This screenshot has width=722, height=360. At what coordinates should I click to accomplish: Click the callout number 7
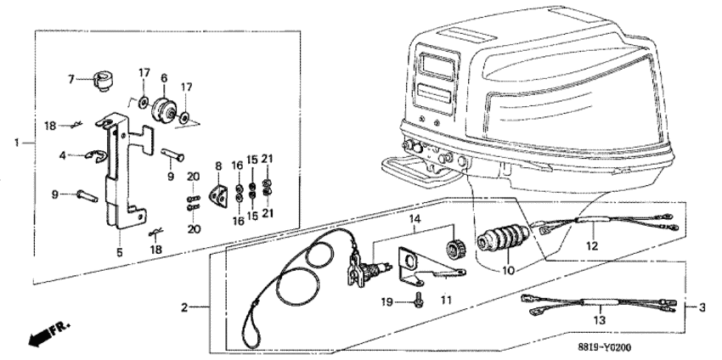tap(71, 80)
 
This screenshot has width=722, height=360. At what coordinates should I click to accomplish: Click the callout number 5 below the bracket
tap(120, 252)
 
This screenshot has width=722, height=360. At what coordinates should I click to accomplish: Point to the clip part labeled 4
tap(94, 158)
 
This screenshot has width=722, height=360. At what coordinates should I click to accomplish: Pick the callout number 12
tap(592, 246)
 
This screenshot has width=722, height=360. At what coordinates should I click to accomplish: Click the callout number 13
tap(600, 319)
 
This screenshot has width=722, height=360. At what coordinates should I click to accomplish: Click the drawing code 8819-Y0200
tap(605, 347)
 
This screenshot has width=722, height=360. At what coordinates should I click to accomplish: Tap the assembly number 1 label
tap(17, 143)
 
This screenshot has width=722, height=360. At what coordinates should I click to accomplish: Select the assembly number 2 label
tap(184, 307)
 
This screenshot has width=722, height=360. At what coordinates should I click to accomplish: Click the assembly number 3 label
tap(702, 307)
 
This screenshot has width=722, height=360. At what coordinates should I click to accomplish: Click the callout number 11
tap(445, 301)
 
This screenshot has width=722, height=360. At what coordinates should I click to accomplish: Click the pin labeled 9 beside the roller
tap(172, 155)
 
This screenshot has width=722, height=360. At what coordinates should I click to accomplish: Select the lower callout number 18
tap(155, 250)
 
